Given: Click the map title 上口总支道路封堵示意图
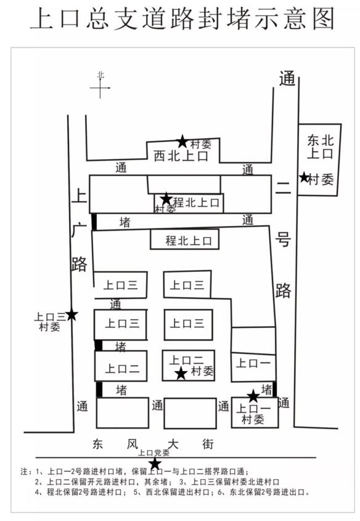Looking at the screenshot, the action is click(x=182, y=19).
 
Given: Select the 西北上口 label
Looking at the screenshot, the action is click(x=181, y=156).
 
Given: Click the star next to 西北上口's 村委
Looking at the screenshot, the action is click(x=182, y=142).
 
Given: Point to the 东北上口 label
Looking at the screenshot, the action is click(x=320, y=147).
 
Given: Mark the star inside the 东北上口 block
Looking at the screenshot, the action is click(x=304, y=177).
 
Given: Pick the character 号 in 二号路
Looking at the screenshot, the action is click(x=283, y=239).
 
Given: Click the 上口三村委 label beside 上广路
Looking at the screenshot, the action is click(x=50, y=322).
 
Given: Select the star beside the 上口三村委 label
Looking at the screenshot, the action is click(x=72, y=314).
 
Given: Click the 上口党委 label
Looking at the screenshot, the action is click(x=153, y=453).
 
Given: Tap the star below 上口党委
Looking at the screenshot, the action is click(x=155, y=463).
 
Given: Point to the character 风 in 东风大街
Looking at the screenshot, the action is click(x=133, y=444).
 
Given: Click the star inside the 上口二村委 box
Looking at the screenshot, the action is click(x=181, y=373).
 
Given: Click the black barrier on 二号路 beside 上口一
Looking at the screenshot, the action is click(x=275, y=389).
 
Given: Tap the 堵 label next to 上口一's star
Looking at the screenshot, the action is click(x=267, y=389).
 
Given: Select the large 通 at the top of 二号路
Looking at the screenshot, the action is click(x=287, y=78).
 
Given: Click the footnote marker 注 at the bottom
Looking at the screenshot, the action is click(x=25, y=471).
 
